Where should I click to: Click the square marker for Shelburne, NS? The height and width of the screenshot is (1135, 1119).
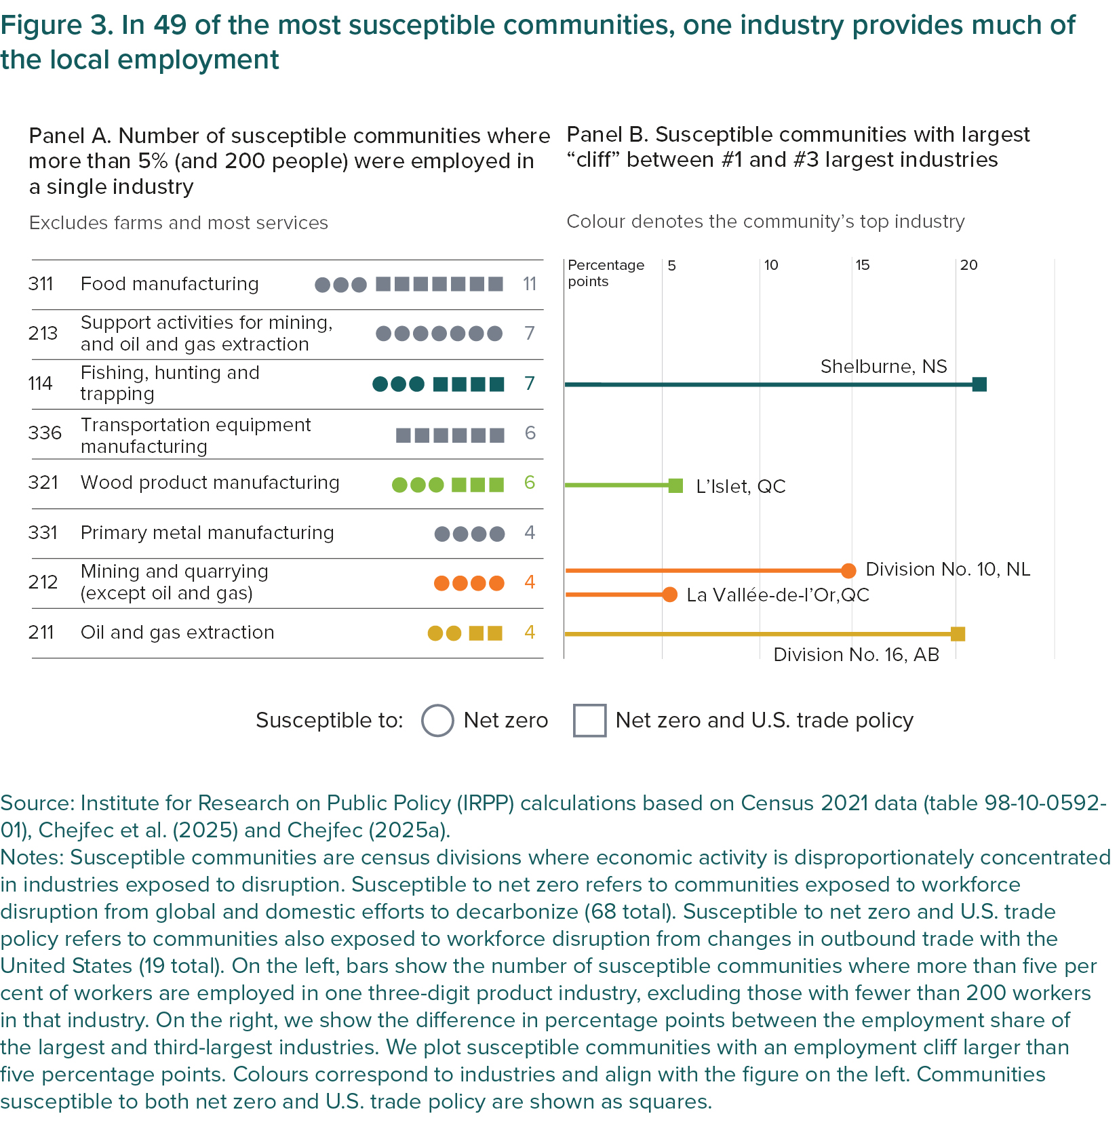coord(979,384)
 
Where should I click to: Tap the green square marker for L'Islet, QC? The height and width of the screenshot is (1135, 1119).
coord(675,485)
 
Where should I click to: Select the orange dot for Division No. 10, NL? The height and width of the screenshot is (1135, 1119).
coord(848,571)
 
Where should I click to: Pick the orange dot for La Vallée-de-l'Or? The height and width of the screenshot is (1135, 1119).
coord(669,595)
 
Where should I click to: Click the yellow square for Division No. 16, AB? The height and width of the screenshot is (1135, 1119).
coord(958,634)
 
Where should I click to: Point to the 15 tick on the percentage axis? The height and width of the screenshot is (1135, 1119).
coord(862,265)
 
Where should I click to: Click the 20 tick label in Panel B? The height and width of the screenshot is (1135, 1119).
coord(968,265)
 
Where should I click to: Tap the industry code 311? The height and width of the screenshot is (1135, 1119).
coord(41,283)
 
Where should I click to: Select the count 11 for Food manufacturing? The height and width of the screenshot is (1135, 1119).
coord(530,283)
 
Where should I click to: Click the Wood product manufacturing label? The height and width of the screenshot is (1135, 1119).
coord(210,483)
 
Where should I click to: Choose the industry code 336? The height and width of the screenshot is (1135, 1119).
coord(45,433)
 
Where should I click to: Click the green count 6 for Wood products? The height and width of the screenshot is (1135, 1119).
coord(530,483)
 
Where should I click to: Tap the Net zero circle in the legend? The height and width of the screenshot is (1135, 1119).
coord(437,720)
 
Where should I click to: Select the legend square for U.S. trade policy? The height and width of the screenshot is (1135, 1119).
coord(589,720)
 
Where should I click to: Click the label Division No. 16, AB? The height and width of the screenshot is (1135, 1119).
coord(856,654)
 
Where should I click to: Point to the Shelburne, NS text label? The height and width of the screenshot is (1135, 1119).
coord(883,366)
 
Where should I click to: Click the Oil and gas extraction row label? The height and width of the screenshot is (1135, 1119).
coord(177,632)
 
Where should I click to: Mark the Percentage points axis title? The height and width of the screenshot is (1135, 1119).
coord(606,273)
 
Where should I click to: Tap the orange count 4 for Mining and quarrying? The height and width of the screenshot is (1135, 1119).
coord(530,582)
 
